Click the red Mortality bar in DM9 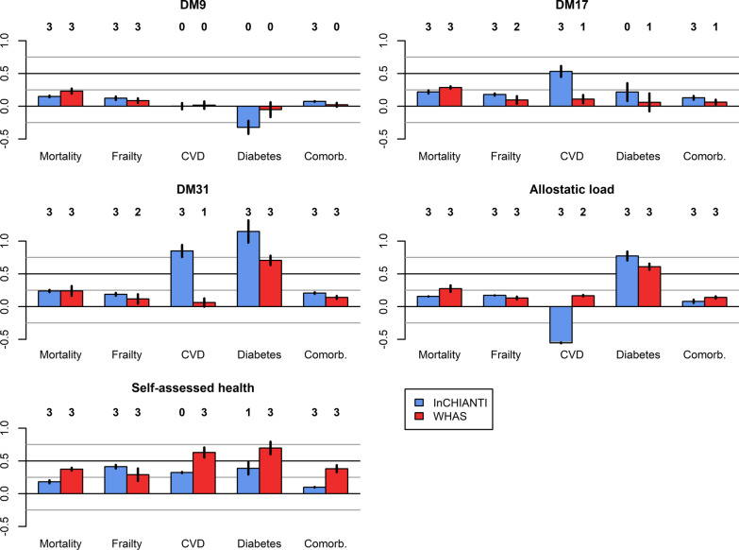tap(71, 99)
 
